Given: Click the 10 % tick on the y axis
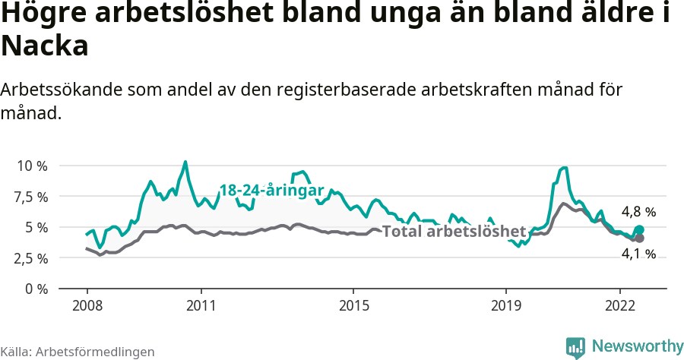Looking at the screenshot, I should click(32, 166).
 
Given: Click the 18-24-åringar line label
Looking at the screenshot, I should click(271, 191).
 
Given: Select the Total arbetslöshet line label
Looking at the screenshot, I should click(454, 232).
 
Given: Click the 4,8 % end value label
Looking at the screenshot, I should click(638, 212).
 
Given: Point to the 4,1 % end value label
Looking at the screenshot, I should click(638, 254).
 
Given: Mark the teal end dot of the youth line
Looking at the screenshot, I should click(639, 229).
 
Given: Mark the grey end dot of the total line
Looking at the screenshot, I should click(639, 238).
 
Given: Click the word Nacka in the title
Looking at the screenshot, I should click(45, 46).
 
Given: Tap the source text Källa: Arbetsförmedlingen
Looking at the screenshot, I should click(78, 352).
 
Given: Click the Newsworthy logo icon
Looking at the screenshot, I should click(575, 347).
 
